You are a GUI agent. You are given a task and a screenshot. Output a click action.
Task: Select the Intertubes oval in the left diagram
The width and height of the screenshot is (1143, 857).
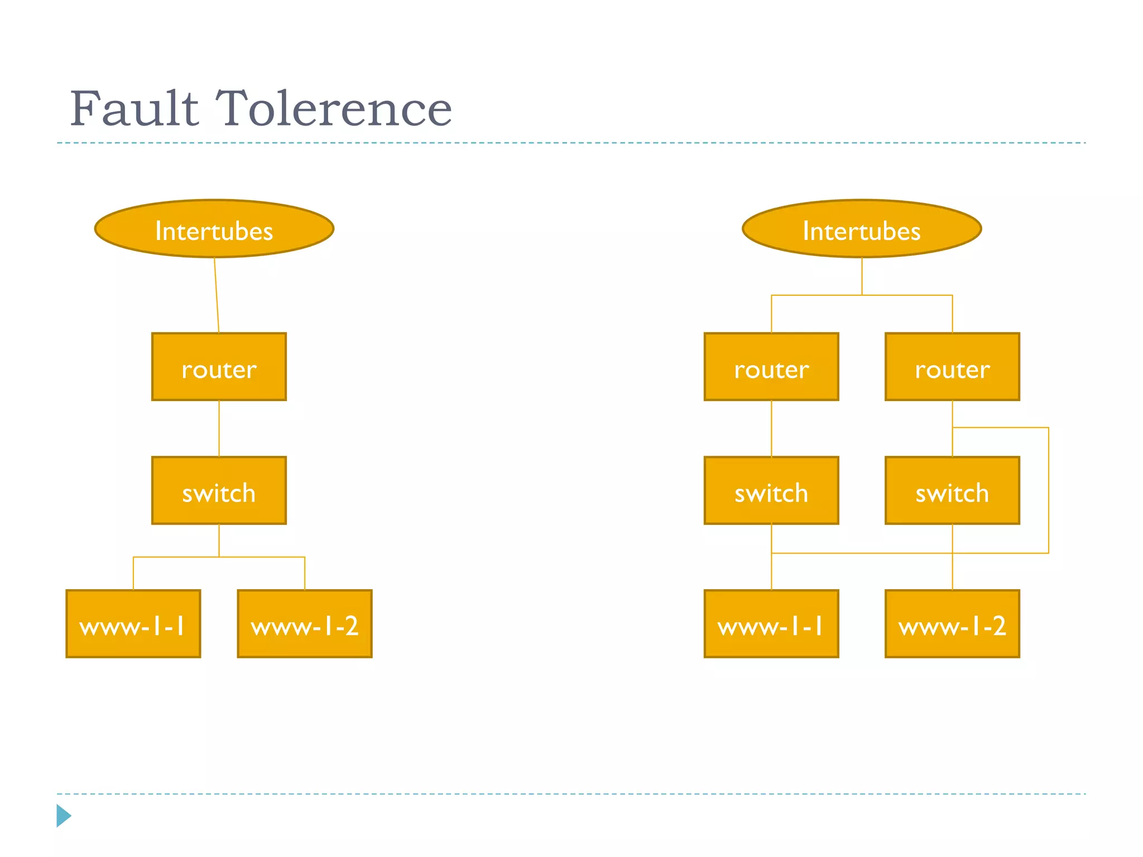(214, 229)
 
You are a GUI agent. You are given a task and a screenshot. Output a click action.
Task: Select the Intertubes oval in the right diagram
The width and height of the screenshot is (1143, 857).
(861, 229)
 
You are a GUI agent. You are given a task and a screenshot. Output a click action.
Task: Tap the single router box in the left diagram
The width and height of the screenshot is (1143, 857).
(219, 367)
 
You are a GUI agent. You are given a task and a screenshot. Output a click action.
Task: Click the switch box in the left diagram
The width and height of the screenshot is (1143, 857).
(219, 491)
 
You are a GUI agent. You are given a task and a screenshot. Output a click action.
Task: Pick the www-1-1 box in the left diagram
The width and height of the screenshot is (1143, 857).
(133, 624)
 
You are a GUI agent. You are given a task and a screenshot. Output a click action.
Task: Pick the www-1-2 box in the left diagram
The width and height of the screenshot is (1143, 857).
(305, 624)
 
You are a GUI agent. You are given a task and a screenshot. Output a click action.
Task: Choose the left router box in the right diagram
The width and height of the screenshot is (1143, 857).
(771, 367)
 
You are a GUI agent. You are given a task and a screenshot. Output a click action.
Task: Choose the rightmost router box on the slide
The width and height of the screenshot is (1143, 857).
(952, 367)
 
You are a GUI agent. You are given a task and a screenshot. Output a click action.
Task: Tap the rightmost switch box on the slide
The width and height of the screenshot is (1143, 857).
(952, 491)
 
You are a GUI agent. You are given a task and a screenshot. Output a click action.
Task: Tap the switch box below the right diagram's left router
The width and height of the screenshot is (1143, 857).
(771, 491)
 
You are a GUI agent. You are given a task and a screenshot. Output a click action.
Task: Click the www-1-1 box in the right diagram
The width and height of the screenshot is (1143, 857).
(771, 624)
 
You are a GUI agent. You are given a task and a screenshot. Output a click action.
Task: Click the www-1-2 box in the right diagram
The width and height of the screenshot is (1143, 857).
(952, 624)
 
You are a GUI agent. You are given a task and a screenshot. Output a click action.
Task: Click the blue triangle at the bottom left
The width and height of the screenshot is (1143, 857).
(63, 816)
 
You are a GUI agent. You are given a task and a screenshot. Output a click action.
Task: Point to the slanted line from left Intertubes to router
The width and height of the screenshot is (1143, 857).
(217, 296)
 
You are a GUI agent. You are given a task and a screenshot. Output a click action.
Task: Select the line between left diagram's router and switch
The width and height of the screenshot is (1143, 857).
(219, 428)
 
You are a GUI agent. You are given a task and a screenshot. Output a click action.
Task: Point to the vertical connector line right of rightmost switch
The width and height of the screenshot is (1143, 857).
(1049, 491)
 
